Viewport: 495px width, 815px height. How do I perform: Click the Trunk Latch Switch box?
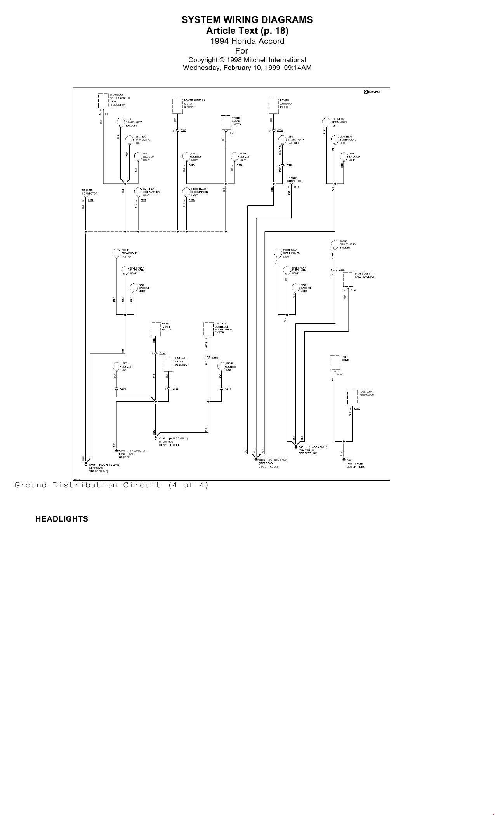[226, 123]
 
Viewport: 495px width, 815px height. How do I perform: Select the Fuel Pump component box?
[335, 362]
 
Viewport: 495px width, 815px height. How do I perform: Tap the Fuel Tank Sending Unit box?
[353, 397]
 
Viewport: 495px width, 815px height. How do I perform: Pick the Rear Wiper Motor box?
[156, 329]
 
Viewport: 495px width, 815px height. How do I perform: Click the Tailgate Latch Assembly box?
[168, 364]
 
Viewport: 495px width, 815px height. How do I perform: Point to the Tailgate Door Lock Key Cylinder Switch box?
[208, 329]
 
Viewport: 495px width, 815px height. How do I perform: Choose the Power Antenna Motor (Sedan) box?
[177, 106]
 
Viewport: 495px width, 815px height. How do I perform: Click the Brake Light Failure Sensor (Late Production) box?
[103, 101]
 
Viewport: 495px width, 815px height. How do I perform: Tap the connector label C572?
[231, 133]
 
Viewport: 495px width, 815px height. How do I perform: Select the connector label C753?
[340, 373]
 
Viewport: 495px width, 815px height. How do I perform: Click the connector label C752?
[357, 409]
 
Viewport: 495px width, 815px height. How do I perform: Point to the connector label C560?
[353, 290]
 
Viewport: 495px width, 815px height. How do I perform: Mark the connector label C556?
[289, 165]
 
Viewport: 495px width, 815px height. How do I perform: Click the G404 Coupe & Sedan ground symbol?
[85, 464]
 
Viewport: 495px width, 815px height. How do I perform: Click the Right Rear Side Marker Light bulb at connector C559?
[186, 191]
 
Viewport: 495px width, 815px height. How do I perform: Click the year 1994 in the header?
[219, 41]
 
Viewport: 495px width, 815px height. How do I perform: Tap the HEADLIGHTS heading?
[62, 519]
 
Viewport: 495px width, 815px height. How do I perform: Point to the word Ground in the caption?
[31, 485]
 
